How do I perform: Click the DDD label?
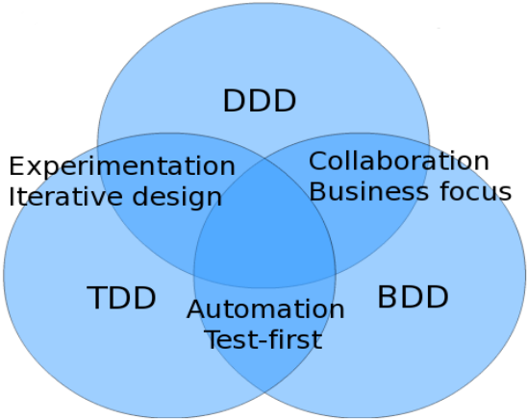pyautogui.click(x=260, y=101)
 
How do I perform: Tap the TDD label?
pyautogui.click(x=122, y=298)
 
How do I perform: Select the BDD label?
pyautogui.click(x=414, y=296)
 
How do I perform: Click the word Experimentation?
pyautogui.click(x=122, y=166)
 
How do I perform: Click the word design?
pyautogui.click(x=178, y=198)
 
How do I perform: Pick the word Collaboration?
pyautogui.click(x=398, y=161)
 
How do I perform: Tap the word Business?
pyautogui.click(x=368, y=191)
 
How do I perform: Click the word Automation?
pyautogui.click(x=265, y=308)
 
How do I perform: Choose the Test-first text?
pyautogui.click(x=264, y=339)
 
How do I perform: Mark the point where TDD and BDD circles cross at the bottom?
pyautogui.click(x=264, y=392)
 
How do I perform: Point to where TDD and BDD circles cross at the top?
pyautogui.click(x=264, y=159)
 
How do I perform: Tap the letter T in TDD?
pyautogui.click(x=97, y=298)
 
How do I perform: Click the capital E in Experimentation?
pyautogui.click(x=16, y=166)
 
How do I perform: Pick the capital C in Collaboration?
pyautogui.click(x=317, y=161)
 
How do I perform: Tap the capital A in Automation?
pyautogui.click(x=196, y=308)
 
